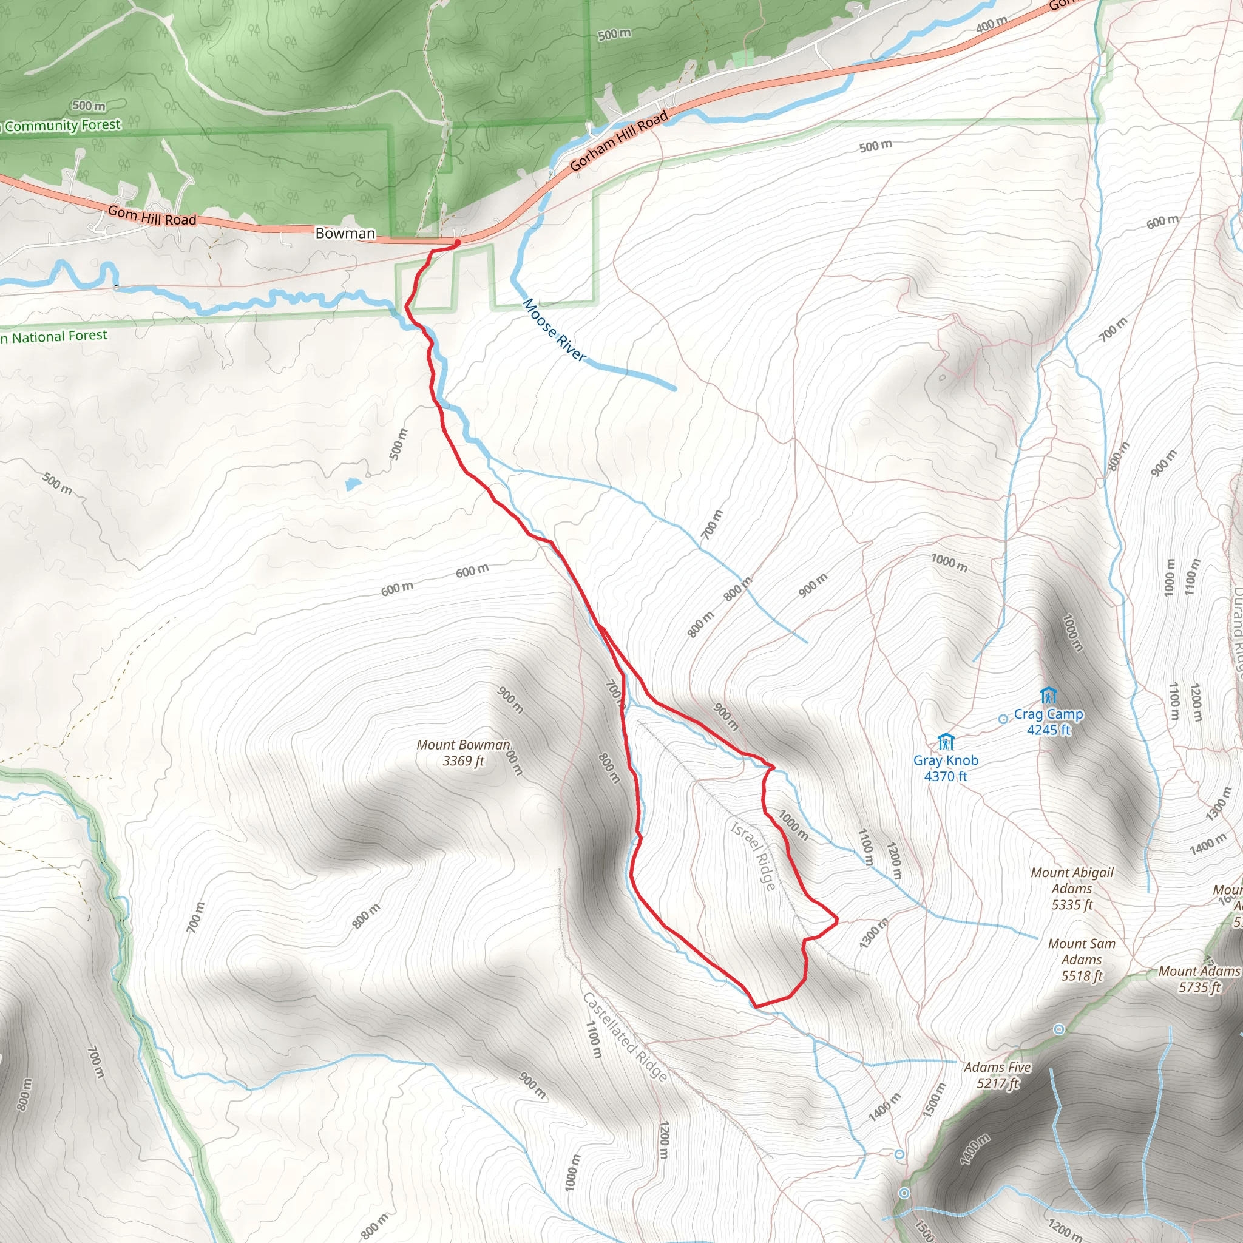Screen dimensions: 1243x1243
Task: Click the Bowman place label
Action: coord(345,233)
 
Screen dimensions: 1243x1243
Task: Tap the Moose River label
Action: coord(554,330)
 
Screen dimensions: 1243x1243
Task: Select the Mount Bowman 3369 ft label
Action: coord(463,753)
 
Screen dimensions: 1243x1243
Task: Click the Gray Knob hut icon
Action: coord(945,742)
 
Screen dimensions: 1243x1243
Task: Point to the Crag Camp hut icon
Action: coord(1048,696)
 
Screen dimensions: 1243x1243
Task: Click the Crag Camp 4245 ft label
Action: coord(1048,722)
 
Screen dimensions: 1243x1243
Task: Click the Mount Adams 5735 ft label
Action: coord(1199,979)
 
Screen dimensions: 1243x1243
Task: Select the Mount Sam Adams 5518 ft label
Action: coord(1082,960)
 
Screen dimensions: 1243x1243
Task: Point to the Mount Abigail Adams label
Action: coord(1072,889)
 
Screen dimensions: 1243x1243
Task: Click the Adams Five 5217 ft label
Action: coord(997,1075)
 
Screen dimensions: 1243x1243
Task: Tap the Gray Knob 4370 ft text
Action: coord(946,768)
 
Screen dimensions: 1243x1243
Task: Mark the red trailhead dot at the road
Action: coord(457,243)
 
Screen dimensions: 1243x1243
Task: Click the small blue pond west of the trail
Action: coord(352,484)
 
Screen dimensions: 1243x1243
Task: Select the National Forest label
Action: coord(55,336)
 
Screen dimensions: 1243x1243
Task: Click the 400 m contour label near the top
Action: coord(992,25)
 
